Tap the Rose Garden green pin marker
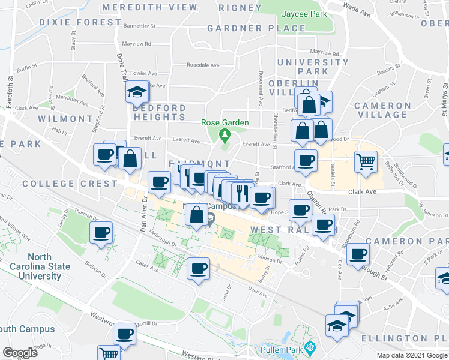225,135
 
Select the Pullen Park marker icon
310,347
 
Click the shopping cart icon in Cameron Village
365,161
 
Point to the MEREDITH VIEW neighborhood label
149,8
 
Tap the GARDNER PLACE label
256,28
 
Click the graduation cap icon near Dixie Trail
137,92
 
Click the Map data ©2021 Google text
411,355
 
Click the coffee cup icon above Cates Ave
197,268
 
